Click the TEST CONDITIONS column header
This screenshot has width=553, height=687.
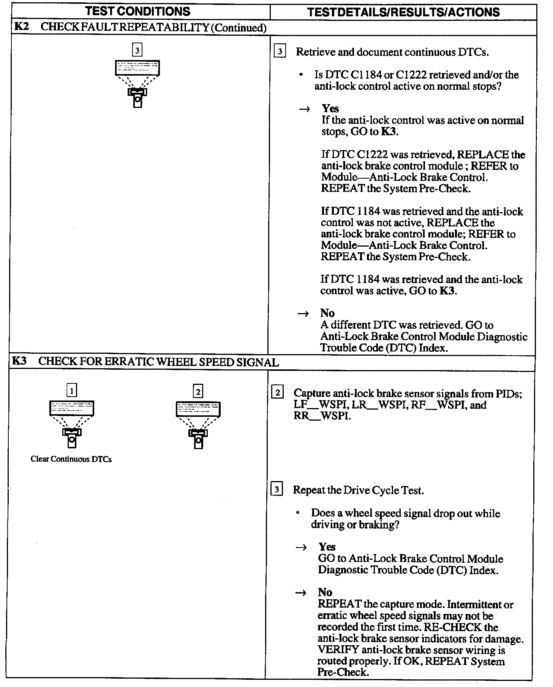(x=138, y=11)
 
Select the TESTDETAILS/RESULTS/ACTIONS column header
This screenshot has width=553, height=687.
(x=403, y=12)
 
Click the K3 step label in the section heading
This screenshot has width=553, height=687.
(x=19, y=361)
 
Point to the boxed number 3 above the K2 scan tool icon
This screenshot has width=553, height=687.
(x=137, y=50)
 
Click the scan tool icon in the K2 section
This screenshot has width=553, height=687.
(x=137, y=84)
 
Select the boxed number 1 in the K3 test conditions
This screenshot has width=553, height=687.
(x=72, y=390)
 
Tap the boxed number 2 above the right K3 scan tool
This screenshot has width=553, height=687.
(x=198, y=391)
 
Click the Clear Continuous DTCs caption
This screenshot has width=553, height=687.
(x=71, y=459)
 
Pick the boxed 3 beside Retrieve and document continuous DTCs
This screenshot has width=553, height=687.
(x=280, y=51)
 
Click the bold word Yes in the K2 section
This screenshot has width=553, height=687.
(x=330, y=109)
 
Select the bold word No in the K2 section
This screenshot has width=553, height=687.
(x=327, y=313)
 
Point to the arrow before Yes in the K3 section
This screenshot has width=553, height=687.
(x=301, y=548)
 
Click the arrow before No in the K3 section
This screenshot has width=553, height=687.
(x=301, y=593)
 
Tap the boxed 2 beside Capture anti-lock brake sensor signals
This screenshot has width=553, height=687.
(x=277, y=393)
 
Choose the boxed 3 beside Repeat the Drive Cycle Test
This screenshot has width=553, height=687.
(x=277, y=490)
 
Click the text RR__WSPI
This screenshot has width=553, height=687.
(x=321, y=416)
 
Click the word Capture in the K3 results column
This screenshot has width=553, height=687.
(x=312, y=394)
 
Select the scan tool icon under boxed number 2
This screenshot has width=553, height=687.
(x=198, y=425)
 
